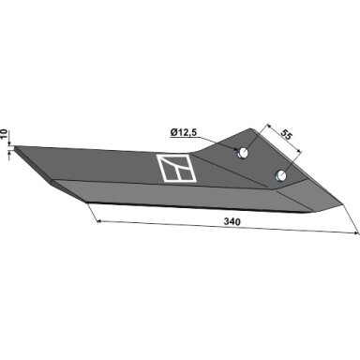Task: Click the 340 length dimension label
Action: (232, 221)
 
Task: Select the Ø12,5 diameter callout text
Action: (184, 133)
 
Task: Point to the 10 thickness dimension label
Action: (4, 134)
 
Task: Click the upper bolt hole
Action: (243, 153)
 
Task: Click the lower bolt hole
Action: (280, 175)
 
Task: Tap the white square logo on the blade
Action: (176, 168)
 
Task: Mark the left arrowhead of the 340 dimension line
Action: (98, 221)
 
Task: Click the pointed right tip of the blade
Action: (343, 204)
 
